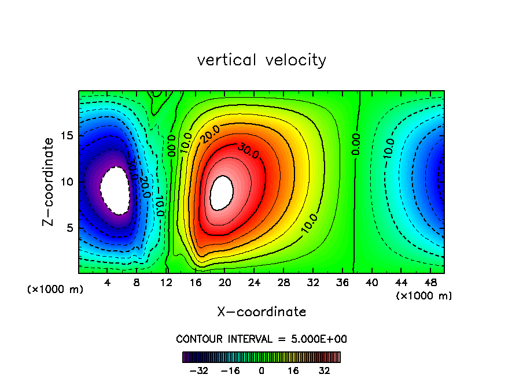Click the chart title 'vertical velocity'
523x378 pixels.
click(x=261, y=60)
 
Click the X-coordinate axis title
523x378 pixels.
click(x=261, y=312)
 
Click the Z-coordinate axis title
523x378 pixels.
click(x=50, y=181)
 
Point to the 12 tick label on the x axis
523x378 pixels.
click(x=166, y=283)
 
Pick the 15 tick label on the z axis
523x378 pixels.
click(x=68, y=136)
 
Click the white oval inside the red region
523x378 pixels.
click(x=222, y=192)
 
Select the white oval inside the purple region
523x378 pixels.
click(x=115, y=190)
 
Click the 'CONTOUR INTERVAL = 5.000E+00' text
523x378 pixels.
click(x=261, y=339)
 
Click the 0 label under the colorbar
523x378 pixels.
click(x=261, y=370)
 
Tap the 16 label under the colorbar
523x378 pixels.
click(x=293, y=370)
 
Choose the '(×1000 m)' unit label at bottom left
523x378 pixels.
click(x=56, y=290)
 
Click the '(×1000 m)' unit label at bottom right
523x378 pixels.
click(x=424, y=296)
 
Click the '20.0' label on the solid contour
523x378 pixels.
click(x=210, y=137)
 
